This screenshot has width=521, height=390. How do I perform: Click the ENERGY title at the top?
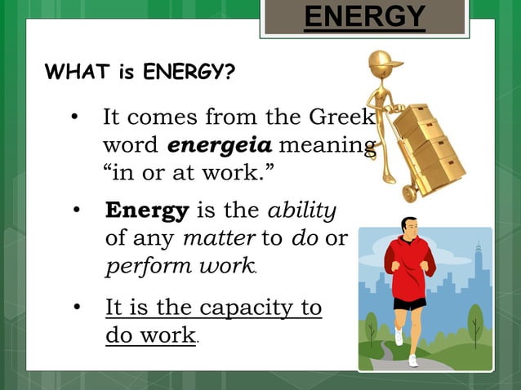point(364,16)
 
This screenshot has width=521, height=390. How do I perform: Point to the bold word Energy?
point(147,211)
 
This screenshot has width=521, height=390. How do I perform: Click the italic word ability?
point(302,211)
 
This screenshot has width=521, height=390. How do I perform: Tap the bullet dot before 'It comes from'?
point(75,118)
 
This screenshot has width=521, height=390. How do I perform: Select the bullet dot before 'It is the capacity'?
point(76,308)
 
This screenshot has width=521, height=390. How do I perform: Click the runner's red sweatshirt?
point(412,268)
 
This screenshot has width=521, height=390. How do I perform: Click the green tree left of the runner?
point(372,326)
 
